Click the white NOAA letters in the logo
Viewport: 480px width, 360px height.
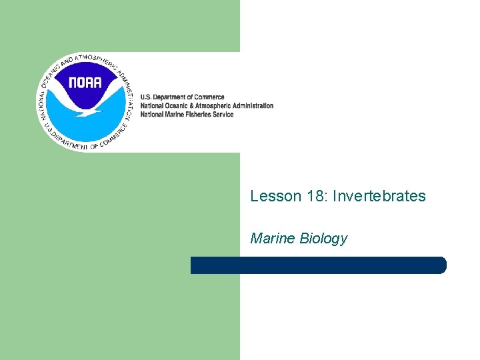pos(85,83)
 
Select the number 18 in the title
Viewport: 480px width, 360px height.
pos(313,196)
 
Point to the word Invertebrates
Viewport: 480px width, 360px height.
pos(379,196)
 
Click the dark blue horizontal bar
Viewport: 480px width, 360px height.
pos(318,265)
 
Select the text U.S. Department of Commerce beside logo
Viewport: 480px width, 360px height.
pos(182,97)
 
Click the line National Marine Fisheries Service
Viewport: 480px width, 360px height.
pos(187,114)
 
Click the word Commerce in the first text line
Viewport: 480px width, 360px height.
pos(209,97)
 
